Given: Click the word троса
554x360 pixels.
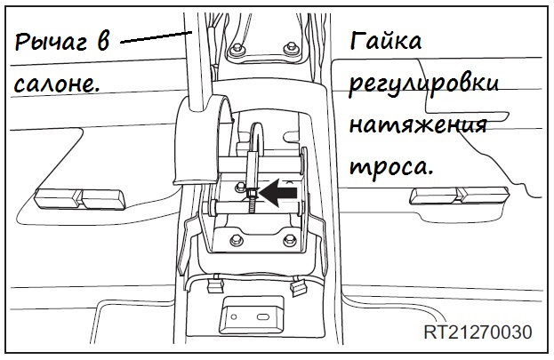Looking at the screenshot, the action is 391,166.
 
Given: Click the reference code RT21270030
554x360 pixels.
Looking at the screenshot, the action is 478,332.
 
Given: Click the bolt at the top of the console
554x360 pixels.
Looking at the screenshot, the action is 238,49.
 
